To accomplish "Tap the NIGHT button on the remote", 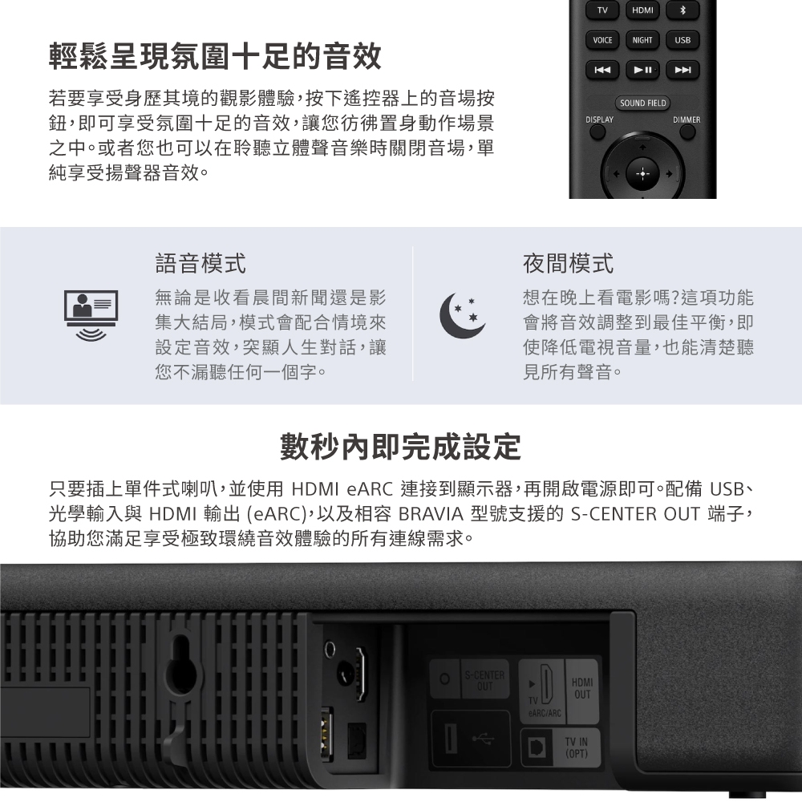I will [642, 40].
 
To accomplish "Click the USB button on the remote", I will [683, 40].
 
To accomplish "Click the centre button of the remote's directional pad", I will [642, 173].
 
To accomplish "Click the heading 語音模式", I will [200, 262].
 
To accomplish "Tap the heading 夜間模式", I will [568, 262].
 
